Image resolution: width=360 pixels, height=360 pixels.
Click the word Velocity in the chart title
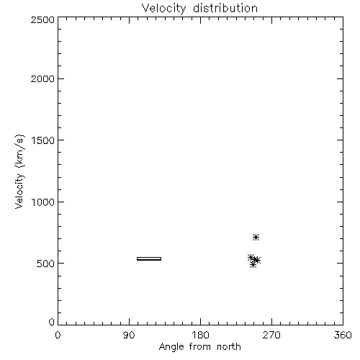164,9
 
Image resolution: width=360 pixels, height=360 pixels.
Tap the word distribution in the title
225,8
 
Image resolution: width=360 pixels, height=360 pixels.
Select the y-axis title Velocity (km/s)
19,171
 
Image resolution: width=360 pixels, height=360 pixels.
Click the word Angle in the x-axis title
171,347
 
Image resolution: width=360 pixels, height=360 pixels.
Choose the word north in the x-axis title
229,346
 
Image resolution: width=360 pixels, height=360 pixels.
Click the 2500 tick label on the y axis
42,19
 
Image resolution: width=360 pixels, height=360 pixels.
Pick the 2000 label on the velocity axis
42,78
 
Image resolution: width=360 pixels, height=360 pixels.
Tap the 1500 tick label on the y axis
43,140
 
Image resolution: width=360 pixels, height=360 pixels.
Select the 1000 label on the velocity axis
43,202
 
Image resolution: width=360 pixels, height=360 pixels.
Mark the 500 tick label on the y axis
46,264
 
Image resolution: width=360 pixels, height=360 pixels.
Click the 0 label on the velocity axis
52,322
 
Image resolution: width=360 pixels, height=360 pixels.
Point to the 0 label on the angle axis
58,335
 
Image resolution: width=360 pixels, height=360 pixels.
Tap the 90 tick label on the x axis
129,335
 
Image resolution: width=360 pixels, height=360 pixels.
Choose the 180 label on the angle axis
200,335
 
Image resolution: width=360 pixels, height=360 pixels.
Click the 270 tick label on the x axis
271,335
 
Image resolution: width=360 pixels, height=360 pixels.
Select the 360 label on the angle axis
343,335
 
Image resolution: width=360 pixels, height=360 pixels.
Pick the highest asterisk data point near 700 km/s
256,237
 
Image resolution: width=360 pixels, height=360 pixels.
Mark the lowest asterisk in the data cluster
253,265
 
